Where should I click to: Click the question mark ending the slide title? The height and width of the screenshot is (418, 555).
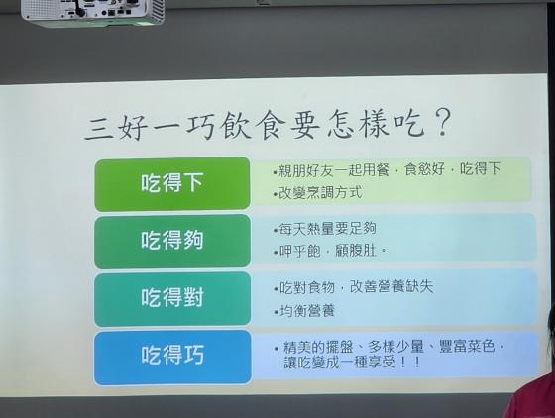click(x=442, y=123)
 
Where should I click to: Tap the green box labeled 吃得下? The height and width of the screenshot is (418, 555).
click(x=172, y=183)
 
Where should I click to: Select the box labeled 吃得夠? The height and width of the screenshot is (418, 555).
click(x=172, y=241)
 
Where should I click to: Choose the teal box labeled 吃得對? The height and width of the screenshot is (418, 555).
click(x=172, y=298)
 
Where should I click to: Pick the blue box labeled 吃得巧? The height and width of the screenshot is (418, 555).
click(x=172, y=357)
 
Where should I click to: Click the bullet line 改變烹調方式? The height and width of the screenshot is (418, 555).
click(x=317, y=193)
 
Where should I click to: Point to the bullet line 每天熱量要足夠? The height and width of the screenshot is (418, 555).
click(x=324, y=229)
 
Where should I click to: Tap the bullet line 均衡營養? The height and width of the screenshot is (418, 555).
click(x=304, y=311)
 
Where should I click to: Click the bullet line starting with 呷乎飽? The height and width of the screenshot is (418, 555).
click(x=329, y=252)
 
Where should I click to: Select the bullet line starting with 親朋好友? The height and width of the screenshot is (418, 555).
click(x=387, y=169)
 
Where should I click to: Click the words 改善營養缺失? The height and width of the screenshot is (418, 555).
click(x=391, y=286)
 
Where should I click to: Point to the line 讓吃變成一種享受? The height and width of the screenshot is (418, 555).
click(x=353, y=363)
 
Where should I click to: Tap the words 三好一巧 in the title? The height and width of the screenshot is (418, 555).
click(x=150, y=127)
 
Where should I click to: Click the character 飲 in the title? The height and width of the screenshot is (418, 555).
click(x=233, y=126)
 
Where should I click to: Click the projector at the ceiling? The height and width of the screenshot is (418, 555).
click(x=93, y=13)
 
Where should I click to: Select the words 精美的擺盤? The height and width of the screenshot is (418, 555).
click(x=318, y=347)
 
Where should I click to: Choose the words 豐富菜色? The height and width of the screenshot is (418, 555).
click(x=466, y=346)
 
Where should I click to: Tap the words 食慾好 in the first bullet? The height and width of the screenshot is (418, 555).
click(x=424, y=169)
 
